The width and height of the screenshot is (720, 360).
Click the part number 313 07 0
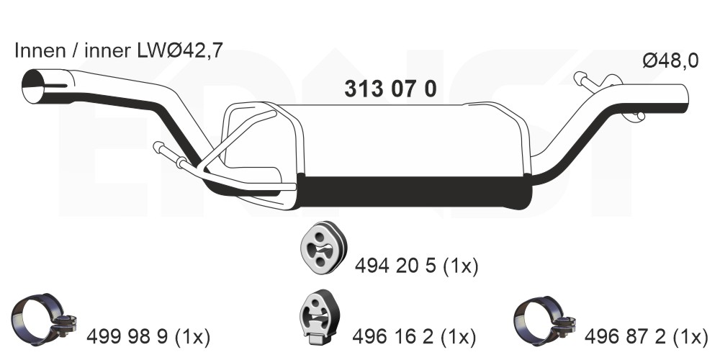[x=390, y=89]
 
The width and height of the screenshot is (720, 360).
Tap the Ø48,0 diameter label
[x=670, y=61]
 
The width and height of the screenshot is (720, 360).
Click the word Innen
[x=40, y=50]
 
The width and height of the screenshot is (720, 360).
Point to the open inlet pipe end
[x=34, y=86]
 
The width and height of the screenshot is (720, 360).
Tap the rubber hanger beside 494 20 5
[x=323, y=248]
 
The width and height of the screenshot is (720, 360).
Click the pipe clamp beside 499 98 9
[x=44, y=320]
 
